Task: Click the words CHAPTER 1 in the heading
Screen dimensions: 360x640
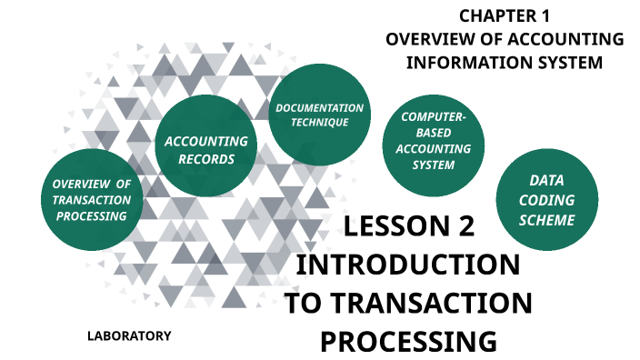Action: coord(505,15)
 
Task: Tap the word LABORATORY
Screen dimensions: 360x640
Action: coord(128,335)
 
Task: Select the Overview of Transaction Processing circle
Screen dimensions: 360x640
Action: coord(92,200)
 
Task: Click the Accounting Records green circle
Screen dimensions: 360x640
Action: coord(205,150)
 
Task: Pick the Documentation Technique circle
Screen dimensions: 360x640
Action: coord(319,115)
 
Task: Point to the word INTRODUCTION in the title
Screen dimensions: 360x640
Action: coord(409,265)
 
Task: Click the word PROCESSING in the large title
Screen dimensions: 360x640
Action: coord(409,342)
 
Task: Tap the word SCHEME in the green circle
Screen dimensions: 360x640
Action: coord(546,220)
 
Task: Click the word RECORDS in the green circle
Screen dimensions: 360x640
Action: coord(206,160)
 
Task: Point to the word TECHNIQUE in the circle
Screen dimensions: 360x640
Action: coord(319,123)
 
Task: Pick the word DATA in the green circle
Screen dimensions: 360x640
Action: coord(546,180)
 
